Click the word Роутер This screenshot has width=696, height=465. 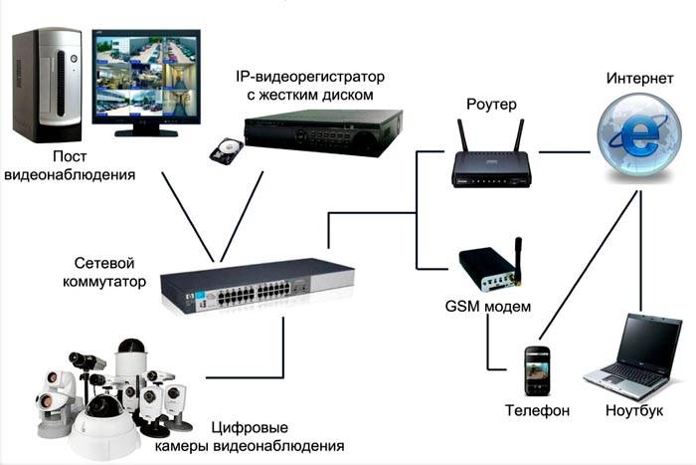(x=490, y=103)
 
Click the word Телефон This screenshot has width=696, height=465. (x=536, y=410)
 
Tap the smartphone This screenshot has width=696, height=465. (x=537, y=369)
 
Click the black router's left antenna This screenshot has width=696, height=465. (x=459, y=133)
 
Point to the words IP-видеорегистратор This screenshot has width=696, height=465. (x=309, y=77)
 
